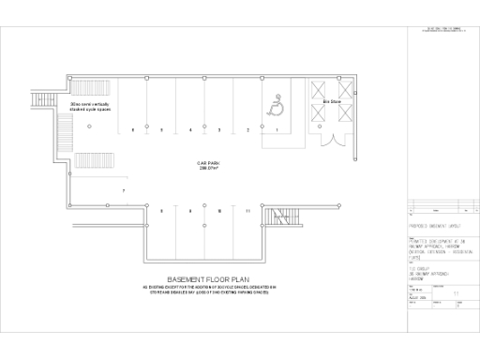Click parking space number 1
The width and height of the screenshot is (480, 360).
[x=277, y=130]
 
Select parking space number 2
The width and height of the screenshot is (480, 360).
[x=248, y=130]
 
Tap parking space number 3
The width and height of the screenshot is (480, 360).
[x=219, y=129]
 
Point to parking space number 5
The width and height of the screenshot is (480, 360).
[x=162, y=129]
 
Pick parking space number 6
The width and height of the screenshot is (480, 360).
[x=133, y=129]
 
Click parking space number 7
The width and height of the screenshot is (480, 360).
[x=123, y=190]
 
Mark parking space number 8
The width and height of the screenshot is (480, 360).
[x=161, y=211]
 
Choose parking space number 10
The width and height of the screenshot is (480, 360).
[x=219, y=211]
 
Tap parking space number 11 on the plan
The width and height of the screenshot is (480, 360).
[x=247, y=211]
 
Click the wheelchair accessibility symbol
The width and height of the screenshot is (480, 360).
[x=277, y=106]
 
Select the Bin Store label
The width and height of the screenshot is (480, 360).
[x=331, y=101]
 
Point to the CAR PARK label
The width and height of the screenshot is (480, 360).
[x=208, y=163]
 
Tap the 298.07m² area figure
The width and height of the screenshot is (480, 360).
[x=208, y=169]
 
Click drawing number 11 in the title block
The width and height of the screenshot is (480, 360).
[x=456, y=292]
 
